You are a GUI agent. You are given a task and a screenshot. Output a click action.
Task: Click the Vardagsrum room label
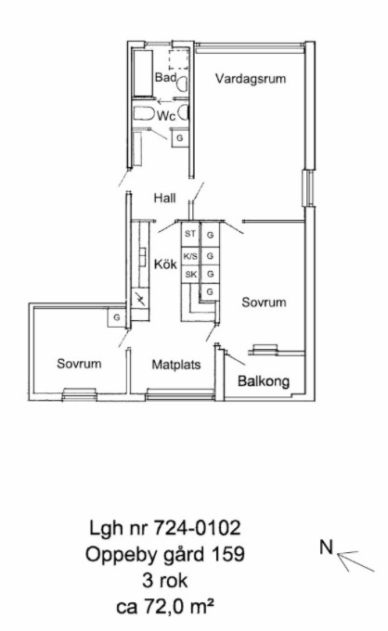[251, 79]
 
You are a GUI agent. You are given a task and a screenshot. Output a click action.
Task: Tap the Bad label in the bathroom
[166, 77]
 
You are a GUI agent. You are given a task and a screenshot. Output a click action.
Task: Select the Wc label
[166, 116]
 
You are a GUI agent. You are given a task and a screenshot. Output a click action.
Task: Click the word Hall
[164, 198]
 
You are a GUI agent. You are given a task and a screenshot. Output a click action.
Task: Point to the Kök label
[165, 264]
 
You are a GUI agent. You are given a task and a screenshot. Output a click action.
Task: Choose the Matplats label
[175, 365]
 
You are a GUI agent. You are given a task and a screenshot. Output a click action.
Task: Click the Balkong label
[264, 381]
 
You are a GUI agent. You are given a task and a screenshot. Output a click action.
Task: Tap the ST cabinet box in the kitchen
[190, 234]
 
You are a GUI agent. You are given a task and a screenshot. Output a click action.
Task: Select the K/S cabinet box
[190, 256]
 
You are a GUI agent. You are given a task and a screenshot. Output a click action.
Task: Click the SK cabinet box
[190, 275]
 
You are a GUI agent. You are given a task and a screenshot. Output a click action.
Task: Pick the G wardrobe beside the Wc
[179, 138]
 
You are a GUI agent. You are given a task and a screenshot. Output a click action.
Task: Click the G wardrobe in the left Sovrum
[116, 317]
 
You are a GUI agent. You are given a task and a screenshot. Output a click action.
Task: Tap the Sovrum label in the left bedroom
[79, 364]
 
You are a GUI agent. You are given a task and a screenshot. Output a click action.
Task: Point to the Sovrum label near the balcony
[264, 303]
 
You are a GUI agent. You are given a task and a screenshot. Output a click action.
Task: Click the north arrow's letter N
[327, 547]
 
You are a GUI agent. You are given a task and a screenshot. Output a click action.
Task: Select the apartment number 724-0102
[198, 528]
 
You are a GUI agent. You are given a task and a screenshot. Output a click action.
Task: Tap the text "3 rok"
[164, 581]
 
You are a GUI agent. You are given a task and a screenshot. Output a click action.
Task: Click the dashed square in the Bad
[178, 60]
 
